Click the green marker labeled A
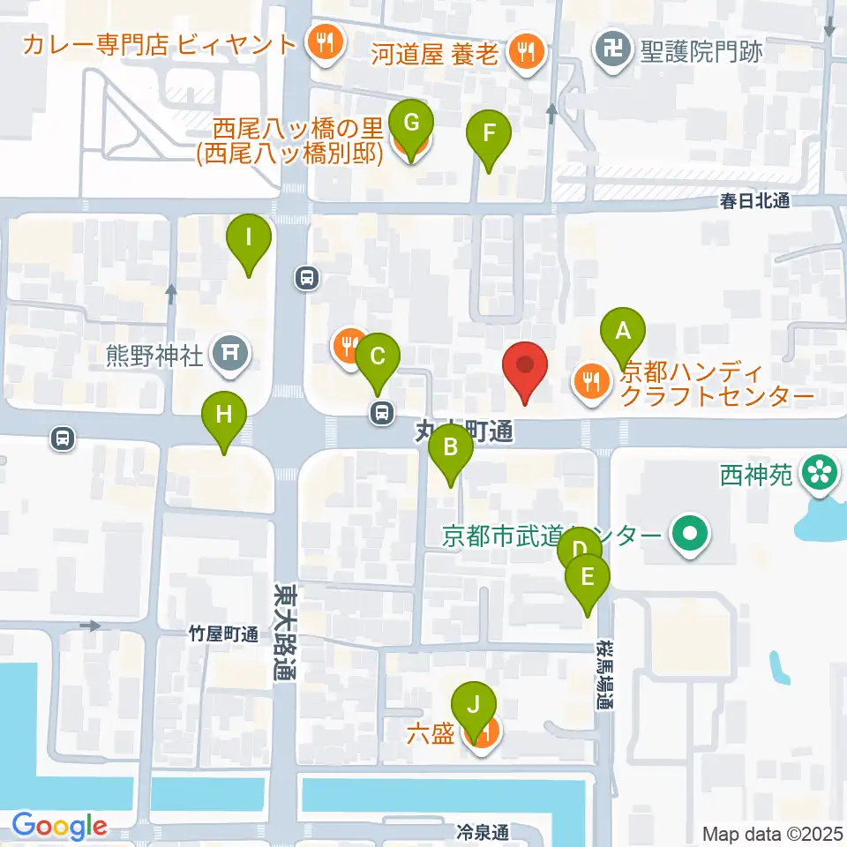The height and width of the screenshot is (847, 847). point(623,332)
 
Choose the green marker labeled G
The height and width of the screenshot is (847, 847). point(411,121)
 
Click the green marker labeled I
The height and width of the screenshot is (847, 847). point(250,237)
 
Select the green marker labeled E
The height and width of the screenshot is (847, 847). point(588,578)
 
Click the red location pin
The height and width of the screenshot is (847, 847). point(525,365)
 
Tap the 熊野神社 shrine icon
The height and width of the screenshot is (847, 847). point(229,355)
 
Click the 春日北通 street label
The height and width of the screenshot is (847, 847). point(753,201)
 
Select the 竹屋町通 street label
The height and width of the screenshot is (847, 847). point(223,634)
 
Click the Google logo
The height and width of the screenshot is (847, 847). point(60,825)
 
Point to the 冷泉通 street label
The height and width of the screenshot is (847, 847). point(483,831)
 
